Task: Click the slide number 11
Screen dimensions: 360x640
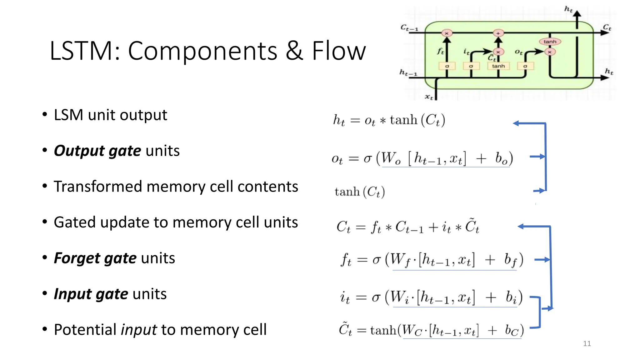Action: coord(587,344)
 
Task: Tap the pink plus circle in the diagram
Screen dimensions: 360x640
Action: coord(498,33)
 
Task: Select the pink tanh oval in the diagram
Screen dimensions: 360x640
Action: coord(550,42)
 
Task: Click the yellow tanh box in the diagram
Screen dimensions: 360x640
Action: coord(498,66)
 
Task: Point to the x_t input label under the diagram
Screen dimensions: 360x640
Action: coord(429,97)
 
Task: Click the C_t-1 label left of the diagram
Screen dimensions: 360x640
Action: coord(409,28)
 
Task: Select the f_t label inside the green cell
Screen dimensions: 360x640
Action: coord(440,51)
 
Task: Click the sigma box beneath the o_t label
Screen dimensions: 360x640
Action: coord(525,66)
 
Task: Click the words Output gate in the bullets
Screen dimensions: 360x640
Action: coord(97,151)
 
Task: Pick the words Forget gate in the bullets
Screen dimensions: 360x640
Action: coord(95,258)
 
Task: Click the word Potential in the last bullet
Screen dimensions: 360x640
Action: coord(85,330)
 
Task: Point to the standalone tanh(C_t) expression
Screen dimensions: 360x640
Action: coord(359,192)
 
